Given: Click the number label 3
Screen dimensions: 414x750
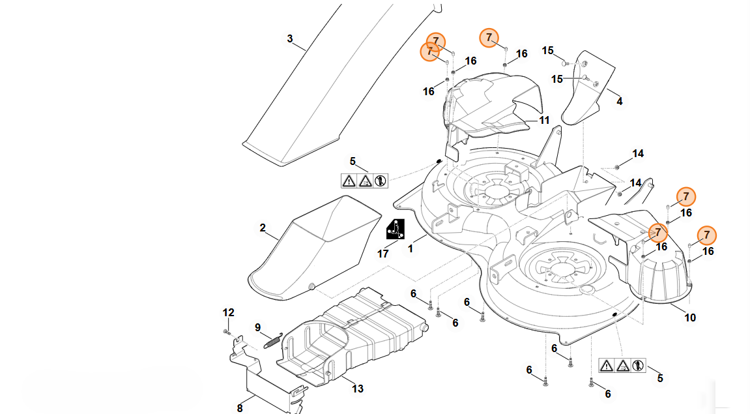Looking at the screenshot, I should [290, 38].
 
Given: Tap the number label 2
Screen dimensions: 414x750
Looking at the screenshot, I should [263, 228].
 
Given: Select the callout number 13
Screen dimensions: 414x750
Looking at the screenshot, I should [358, 389].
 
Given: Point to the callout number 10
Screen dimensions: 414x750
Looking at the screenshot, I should [690, 318].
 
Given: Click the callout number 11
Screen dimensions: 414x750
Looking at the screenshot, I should [544, 120].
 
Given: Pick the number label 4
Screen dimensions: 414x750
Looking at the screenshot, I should [619, 101].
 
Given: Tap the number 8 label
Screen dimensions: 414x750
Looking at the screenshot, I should [240, 408].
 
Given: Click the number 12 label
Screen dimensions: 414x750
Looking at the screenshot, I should [228, 312].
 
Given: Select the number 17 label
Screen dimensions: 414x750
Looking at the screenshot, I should [383, 254].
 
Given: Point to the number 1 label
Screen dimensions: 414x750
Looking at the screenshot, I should [411, 248].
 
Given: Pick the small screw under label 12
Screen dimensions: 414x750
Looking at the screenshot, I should [227, 332].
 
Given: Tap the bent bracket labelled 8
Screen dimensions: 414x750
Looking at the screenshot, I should [261, 378].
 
